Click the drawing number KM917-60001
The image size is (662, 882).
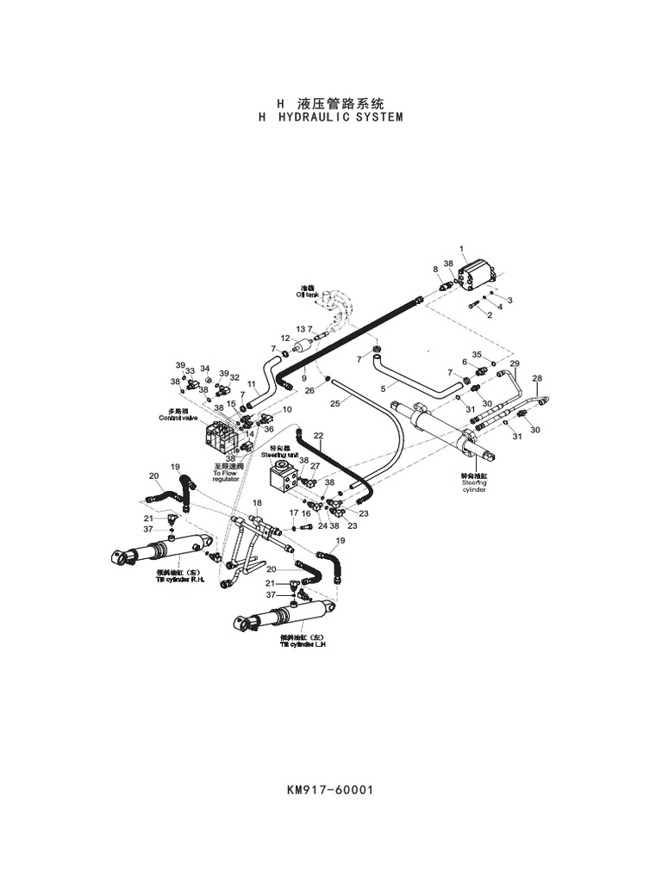tap(330, 789)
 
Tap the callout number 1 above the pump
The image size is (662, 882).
tap(461, 249)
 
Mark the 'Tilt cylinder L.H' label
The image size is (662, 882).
tap(303, 644)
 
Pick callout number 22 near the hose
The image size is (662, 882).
tap(318, 436)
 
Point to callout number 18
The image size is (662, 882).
tap(257, 503)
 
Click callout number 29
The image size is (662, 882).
tap(515, 364)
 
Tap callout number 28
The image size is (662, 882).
tap(537, 378)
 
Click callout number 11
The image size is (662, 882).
tap(252, 384)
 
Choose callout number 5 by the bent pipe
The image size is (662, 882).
tap(383, 388)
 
